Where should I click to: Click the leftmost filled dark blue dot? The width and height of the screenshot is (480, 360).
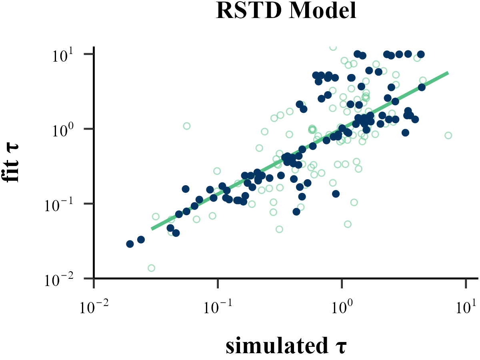coord(130,244)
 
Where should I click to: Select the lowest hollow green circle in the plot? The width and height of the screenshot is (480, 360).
coord(151,268)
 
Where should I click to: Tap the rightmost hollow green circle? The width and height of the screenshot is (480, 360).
coord(448,135)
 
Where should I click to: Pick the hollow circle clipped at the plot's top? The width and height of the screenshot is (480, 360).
coord(333,47)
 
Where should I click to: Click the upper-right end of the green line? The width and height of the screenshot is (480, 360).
coord(448,73)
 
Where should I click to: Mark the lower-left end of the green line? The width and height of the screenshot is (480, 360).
coord(152,229)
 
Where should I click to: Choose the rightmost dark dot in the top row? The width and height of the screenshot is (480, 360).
coord(421,54)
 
